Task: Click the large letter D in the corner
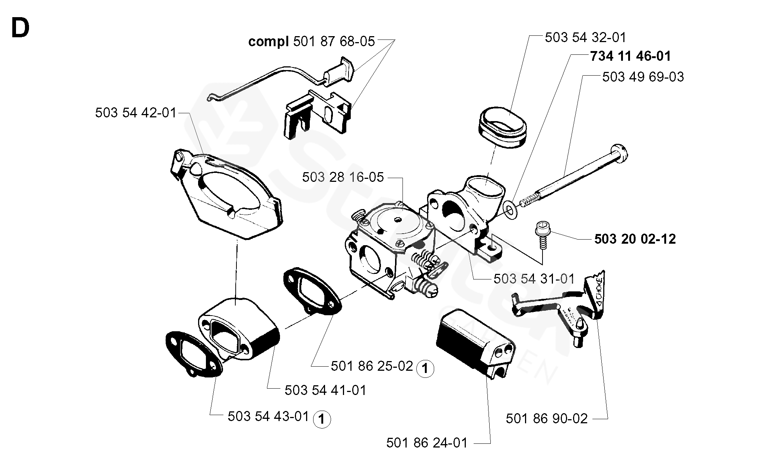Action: click(x=20, y=28)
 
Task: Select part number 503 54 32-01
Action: click(x=586, y=37)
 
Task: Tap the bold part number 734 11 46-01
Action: click(x=630, y=56)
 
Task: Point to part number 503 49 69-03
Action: click(x=643, y=77)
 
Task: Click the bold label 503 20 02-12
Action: click(x=635, y=239)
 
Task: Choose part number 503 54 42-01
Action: click(x=136, y=113)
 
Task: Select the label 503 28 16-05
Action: click(x=343, y=177)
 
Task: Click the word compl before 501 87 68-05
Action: click(x=268, y=42)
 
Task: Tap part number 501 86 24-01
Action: click(x=427, y=443)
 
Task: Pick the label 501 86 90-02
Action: click(x=547, y=418)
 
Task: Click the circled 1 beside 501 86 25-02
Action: click(x=425, y=369)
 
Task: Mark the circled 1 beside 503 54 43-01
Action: click(x=322, y=420)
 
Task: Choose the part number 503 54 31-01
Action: click(x=534, y=279)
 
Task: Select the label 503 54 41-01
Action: click(x=325, y=390)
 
